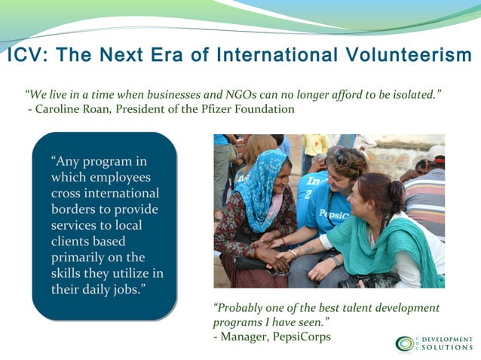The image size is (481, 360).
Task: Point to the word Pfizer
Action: click(x=206, y=109)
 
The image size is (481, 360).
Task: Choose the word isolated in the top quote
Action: click(x=412, y=95)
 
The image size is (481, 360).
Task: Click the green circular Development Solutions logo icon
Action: click(x=405, y=344)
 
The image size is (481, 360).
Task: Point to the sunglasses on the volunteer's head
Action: click(x=348, y=159)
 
